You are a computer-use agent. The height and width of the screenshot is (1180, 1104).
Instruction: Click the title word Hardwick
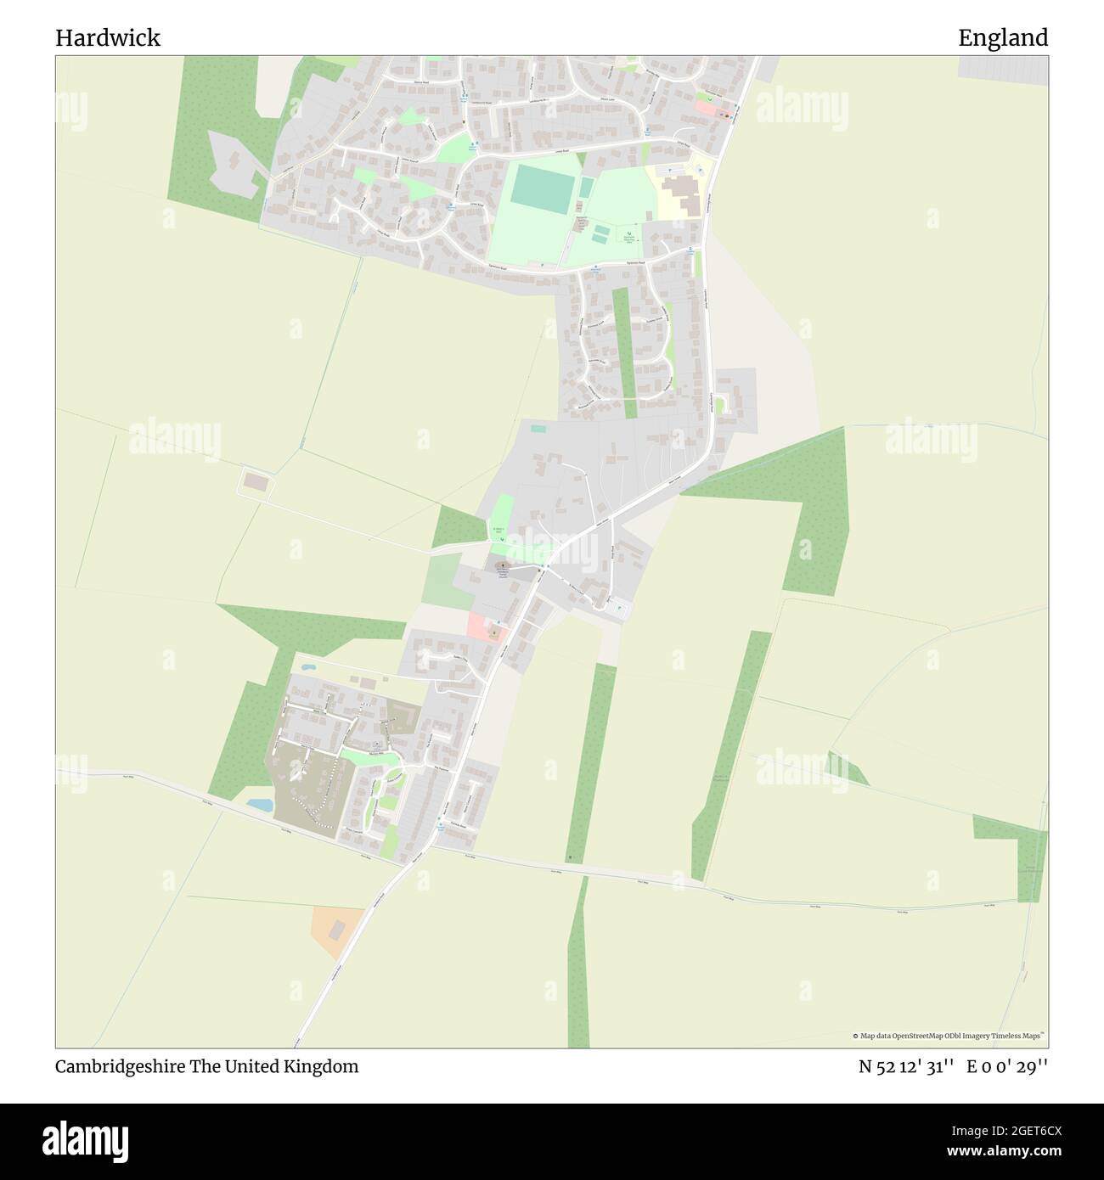pyautogui.click(x=108, y=38)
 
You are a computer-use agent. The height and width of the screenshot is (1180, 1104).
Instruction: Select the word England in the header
pyautogui.click(x=1003, y=38)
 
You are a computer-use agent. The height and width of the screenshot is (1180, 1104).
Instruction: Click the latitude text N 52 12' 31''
pyautogui.click(x=907, y=1067)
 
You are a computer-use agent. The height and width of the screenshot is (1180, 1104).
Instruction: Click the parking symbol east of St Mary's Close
pyautogui.click(x=619, y=607)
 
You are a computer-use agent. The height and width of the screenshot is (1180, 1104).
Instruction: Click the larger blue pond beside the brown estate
pyautogui.click(x=260, y=803)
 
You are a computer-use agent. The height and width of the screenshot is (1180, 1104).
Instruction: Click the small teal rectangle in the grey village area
pyautogui.click(x=538, y=428)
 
